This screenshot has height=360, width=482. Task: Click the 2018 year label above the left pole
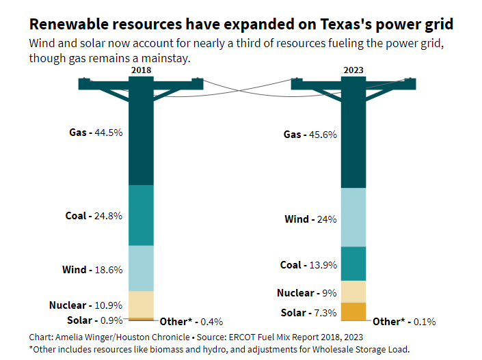[x=141, y=70]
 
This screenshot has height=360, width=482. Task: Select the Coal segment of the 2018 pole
[x=141, y=215]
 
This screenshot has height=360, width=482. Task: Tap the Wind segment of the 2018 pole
[x=141, y=268]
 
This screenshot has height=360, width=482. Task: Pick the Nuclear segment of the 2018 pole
[x=141, y=304]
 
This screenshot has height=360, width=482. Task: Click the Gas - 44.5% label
[x=96, y=133]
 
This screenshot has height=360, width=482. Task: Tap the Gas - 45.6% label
[x=310, y=135]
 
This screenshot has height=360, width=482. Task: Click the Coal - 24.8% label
[x=94, y=216]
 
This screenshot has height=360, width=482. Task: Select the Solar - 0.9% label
[x=95, y=320]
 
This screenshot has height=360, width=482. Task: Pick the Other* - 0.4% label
[x=191, y=322]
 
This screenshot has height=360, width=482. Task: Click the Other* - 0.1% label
[x=404, y=322]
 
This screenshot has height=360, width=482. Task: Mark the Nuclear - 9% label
[x=306, y=293]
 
